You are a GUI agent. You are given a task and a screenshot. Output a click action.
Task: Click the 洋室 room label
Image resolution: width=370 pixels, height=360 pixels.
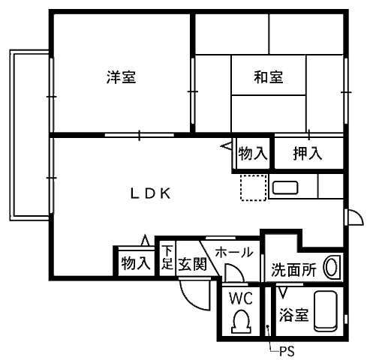[x=122, y=77]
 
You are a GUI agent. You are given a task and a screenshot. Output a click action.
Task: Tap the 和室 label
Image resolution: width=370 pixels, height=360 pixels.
[x=269, y=77]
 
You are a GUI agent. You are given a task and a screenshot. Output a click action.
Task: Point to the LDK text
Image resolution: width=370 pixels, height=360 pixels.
[x=151, y=193]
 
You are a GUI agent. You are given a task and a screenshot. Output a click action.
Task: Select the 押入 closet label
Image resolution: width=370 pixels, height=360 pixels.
[x=308, y=153]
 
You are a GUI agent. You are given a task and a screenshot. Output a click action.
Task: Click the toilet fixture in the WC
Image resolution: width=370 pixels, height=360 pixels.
[x=241, y=322]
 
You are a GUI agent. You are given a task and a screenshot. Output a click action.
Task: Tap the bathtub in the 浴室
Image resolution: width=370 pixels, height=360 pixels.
[x=326, y=310]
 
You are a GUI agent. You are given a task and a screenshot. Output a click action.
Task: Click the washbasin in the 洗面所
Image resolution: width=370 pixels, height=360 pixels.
[x=332, y=267]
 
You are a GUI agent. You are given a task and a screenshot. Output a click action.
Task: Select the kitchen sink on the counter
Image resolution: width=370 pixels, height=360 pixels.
[x=285, y=187]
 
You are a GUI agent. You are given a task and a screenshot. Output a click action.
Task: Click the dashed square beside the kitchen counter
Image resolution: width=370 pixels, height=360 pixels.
[x=253, y=187]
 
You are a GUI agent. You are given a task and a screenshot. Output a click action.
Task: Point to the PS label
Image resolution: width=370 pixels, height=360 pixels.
[x=287, y=351]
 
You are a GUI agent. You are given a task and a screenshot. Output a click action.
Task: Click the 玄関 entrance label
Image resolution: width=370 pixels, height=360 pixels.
[x=192, y=264]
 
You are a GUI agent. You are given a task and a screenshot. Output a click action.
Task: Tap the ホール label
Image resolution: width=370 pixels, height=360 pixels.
[x=234, y=252]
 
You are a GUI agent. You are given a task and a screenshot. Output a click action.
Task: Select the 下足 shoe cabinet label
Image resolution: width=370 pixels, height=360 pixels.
[x=167, y=257]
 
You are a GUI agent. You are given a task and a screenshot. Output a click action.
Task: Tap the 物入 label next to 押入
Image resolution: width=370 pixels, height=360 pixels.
[x=253, y=153]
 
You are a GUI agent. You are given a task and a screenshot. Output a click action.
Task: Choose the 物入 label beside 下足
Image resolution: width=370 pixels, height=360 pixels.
[x=136, y=263]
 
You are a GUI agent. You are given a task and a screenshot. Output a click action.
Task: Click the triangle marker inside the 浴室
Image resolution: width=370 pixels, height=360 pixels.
[x=283, y=293]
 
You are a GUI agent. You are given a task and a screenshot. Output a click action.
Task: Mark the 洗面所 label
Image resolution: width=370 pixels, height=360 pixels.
[x=294, y=269]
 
